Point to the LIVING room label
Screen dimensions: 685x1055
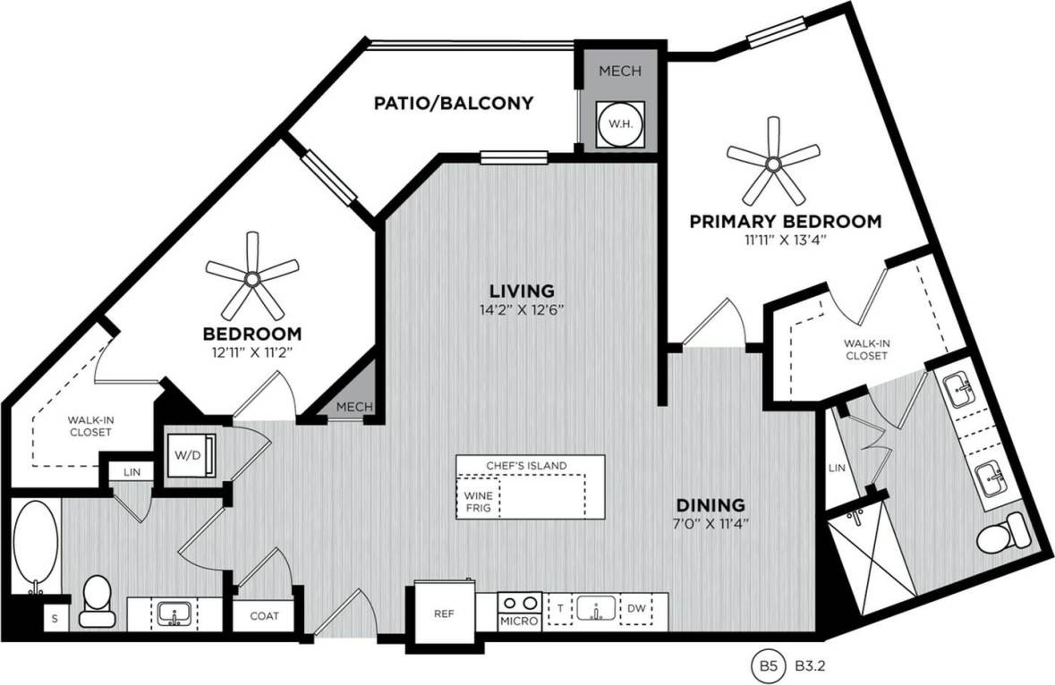[523, 291]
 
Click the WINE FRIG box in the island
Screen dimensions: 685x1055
[475, 501]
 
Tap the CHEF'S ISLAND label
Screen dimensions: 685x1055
[527, 465]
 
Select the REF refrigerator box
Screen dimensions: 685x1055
[443, 615]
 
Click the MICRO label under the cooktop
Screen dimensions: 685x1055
[517, 621]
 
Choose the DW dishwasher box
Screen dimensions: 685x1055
[637, 610]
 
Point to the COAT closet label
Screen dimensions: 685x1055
[264, 616]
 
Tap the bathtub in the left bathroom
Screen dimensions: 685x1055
[36, 545]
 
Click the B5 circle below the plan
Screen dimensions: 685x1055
[768, 666]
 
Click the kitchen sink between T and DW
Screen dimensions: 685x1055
[594, 610]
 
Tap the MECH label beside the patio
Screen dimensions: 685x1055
[619, 71]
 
